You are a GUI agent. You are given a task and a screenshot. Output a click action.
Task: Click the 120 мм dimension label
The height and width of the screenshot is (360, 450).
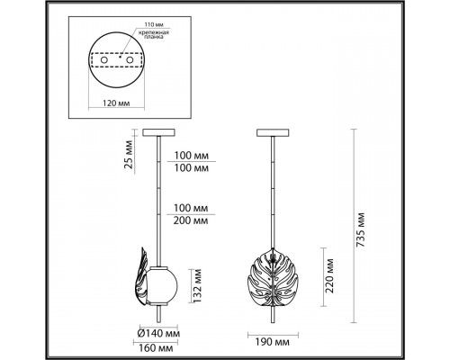pos(116,103)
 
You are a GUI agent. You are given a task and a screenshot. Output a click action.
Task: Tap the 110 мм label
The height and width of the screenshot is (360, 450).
pos(154,24)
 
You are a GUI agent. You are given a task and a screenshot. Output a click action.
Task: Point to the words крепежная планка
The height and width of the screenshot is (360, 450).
pos(156,34)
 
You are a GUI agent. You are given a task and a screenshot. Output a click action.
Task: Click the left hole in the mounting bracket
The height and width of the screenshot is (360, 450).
pos(104,60)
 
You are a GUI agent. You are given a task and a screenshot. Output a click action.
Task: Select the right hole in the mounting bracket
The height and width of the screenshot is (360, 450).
pos(130,60)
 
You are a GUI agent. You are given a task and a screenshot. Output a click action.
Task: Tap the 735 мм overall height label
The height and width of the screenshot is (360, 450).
pos(360,230)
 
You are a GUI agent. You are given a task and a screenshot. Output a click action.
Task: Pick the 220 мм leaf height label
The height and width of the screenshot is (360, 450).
pos(329,275)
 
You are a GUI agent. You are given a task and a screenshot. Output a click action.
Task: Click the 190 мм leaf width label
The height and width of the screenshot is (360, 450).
pos(273,342)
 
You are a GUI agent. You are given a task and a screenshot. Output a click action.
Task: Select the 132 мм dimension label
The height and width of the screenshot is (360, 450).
pos(197,285)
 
